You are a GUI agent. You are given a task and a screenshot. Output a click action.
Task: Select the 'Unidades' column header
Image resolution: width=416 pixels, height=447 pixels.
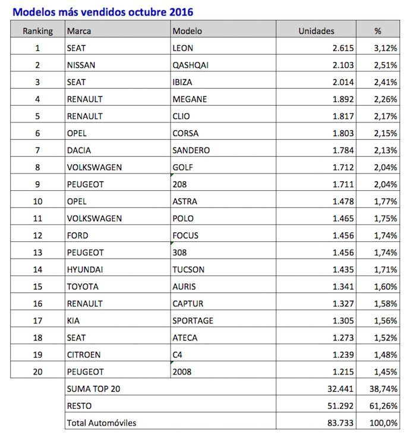(x=316, y=31)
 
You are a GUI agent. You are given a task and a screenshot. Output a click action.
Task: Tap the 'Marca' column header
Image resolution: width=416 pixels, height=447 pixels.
(x=79, y=31)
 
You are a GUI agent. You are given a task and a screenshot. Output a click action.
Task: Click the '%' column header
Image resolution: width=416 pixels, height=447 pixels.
(x=377, y=31)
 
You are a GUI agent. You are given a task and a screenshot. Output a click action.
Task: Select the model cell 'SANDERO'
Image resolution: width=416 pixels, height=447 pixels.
(x=191, y=150)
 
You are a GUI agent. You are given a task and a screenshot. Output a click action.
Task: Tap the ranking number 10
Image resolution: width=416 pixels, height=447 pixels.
(x=37, y=202)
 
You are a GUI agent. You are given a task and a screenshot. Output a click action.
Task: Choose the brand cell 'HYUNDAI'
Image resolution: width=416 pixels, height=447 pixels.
(x=85, y=269)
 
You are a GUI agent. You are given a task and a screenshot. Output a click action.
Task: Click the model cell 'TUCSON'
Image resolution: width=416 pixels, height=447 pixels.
(x=189, y=269)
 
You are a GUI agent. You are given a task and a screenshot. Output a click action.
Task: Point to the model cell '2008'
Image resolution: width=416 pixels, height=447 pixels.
(x=182, y=372)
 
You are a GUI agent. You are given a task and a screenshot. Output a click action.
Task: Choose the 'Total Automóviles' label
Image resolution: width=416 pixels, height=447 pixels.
(x=102, y=423)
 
